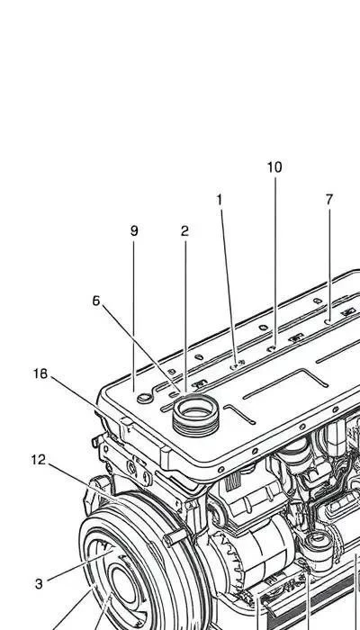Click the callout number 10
[274, 167]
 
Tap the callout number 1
[220, 200]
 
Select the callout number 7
[329, 200]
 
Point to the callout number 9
[134, 231]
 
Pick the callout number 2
[184, 231]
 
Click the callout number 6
[96, 301]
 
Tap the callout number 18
[40, 374]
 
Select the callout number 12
[39, 460]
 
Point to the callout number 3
[39, 583]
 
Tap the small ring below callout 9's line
[145, 398]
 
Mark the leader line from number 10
[275, 260]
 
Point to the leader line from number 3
[80, 566]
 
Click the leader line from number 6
[141, 348]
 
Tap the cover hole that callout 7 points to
[328, 321]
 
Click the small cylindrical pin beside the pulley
[175, 538]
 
